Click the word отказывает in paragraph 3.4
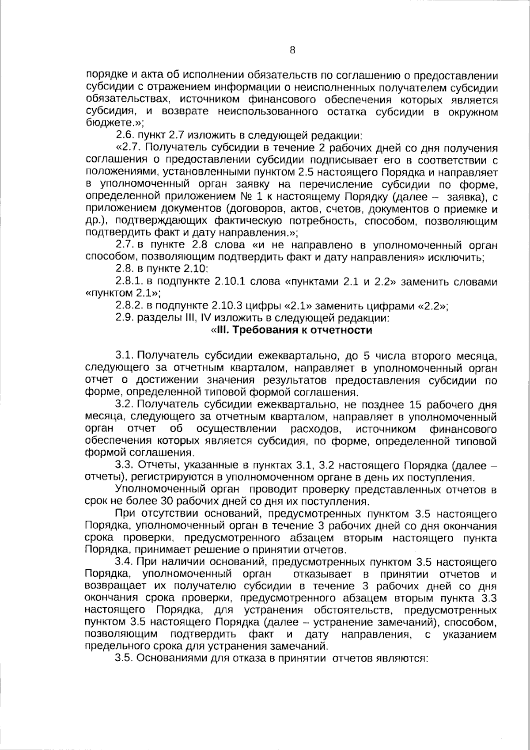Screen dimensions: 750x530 [319, 574]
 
